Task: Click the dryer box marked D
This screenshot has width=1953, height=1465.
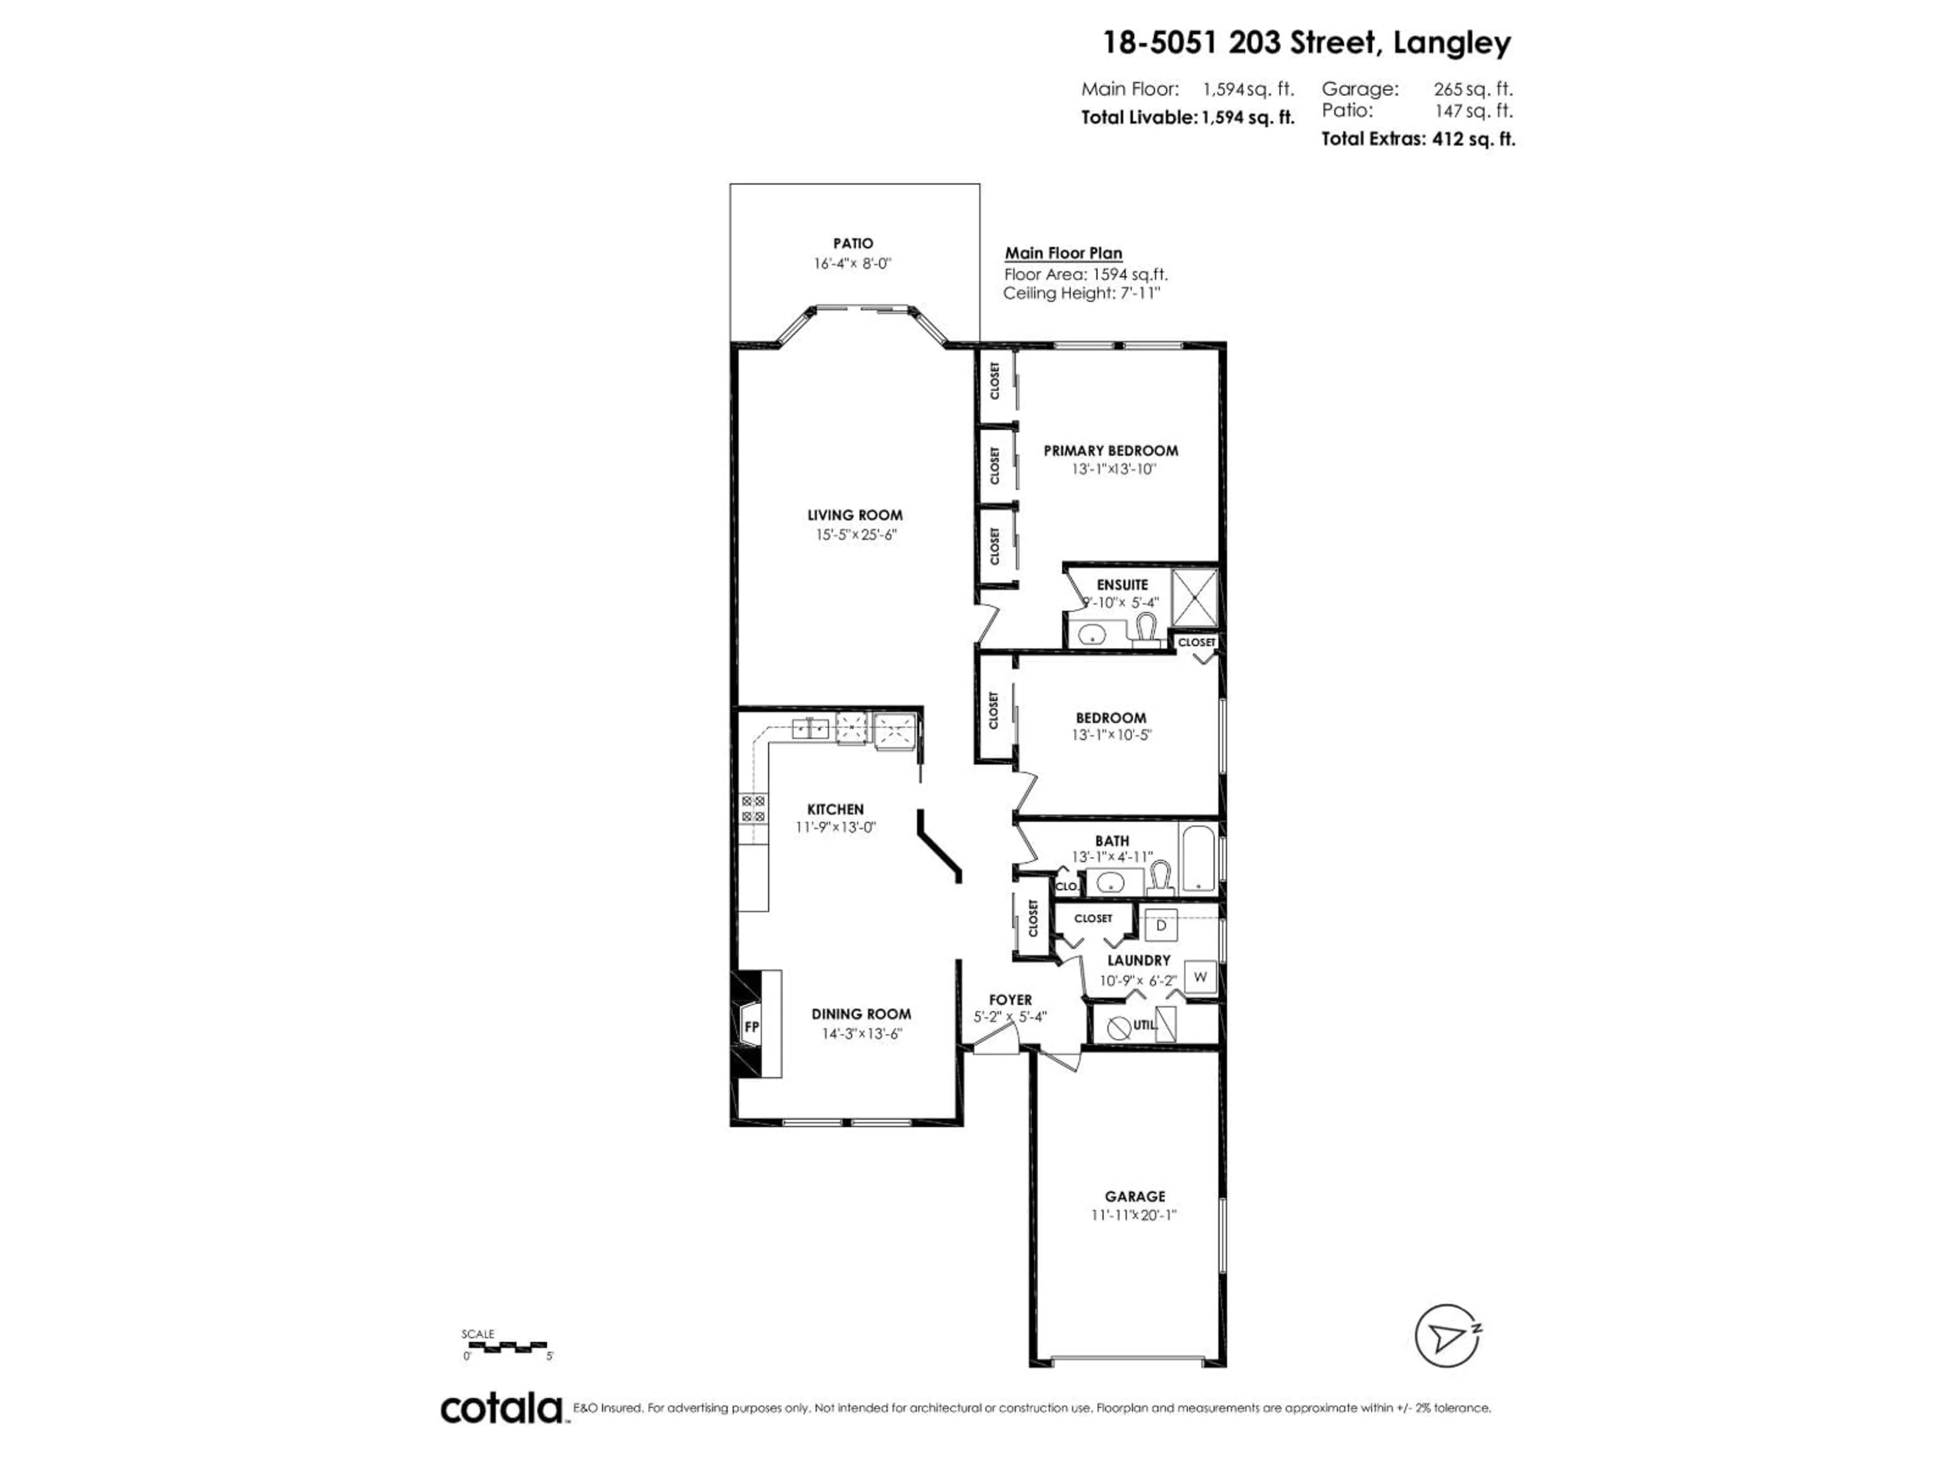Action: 1161,925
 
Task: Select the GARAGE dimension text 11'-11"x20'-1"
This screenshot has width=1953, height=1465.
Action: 1134,1215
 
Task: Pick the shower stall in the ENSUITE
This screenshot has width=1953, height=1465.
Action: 1194,598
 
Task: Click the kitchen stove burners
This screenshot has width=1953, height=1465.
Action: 753,809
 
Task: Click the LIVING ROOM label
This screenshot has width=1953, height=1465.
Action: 854,515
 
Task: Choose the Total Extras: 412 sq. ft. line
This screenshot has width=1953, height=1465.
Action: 1417,139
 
